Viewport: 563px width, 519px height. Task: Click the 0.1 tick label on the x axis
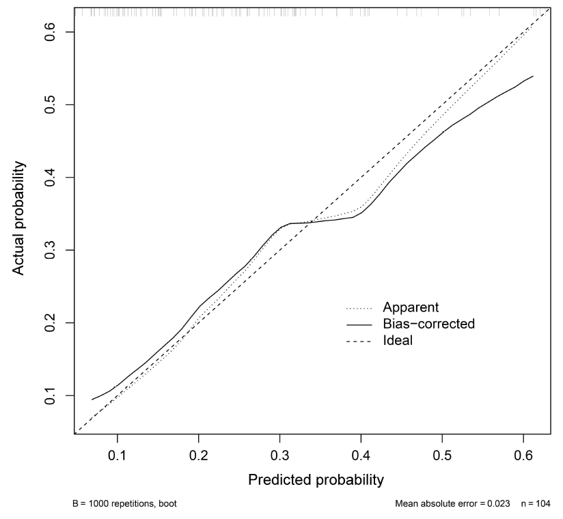pos(118,453)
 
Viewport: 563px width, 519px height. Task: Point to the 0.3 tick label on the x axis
pos(279,453)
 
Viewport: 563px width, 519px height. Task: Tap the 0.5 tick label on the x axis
pos(442,453)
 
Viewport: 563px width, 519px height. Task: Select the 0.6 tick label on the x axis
pos(523,453)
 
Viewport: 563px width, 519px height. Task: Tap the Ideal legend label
pos(398,340)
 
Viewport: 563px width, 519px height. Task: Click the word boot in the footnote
pos(170,505)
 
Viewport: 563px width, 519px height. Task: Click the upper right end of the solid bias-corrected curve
pos(533,76)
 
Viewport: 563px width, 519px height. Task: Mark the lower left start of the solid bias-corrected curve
pos(92,399)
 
